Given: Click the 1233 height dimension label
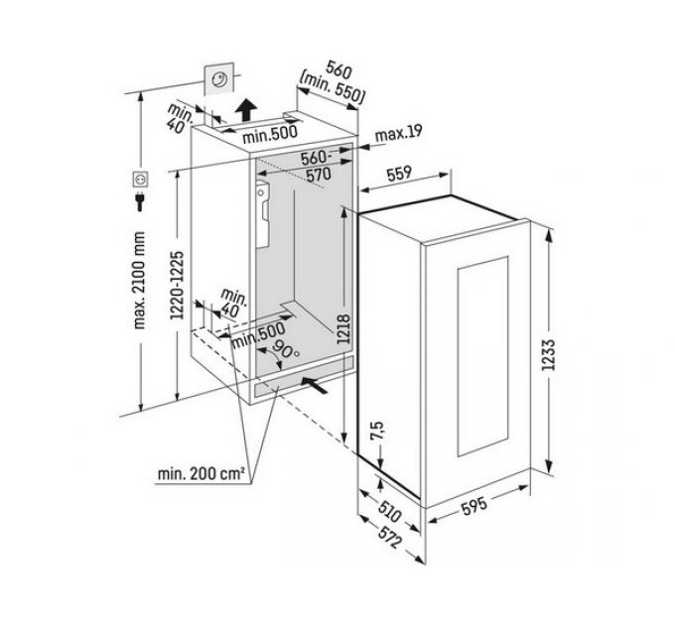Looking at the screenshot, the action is point(549,355).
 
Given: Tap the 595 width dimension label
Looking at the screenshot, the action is point(474,506).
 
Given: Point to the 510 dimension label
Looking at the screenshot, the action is point(390,511).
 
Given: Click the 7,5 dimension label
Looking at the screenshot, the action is point(376,431).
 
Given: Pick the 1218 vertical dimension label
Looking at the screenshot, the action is point(344,329).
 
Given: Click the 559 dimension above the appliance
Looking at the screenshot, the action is point(399,175).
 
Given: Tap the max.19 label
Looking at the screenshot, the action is point(399,134).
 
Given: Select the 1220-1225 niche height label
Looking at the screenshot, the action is point(177,285).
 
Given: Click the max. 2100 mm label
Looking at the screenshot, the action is point(140,280).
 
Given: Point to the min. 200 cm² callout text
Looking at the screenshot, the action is point(202,474).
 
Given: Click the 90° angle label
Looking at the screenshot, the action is point(286,349).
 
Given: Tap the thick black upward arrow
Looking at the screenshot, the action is point(246,110).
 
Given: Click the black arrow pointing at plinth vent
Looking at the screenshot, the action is point(315,385).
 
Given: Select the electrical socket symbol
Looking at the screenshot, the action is point(140,180).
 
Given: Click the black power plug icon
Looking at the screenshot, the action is point(140,201).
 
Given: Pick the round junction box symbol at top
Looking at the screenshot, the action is point(219,80).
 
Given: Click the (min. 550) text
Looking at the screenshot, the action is point(333,88).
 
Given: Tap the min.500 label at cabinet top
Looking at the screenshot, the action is point(270,134).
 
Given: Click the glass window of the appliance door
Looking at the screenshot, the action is point(483,356).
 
